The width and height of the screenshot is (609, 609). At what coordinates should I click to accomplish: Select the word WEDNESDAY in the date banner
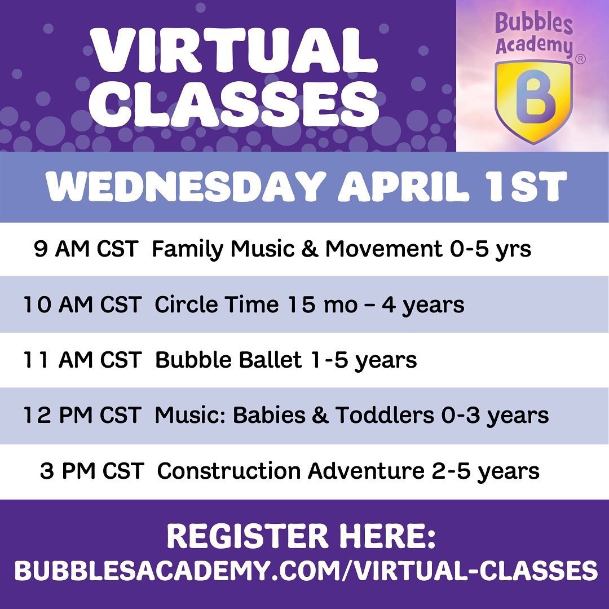(x=185, y=186)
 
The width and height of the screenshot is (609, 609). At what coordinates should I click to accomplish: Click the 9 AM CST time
(x=86, y=249)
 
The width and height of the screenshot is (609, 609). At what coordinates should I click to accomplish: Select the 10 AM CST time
(x=82, y=304)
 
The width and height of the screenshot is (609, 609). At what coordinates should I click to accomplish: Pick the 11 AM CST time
(x=82, y=360)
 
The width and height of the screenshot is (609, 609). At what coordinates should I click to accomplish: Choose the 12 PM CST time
(x=82, y=415)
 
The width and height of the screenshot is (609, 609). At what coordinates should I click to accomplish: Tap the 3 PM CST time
(x=92, y=471)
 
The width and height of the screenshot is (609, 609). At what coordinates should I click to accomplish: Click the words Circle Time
(x=217, y=304)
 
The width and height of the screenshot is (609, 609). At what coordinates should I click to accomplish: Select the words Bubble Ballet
(x=228, y=360)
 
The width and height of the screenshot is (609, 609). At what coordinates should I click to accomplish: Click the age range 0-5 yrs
(x=491, y=249)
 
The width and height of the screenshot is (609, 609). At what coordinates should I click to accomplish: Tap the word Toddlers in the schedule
(x=385, y=415)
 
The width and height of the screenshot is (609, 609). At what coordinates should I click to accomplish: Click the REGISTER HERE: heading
(x=301, y=536)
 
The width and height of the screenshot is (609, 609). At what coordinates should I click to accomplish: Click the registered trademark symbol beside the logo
(x=580, y=59)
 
